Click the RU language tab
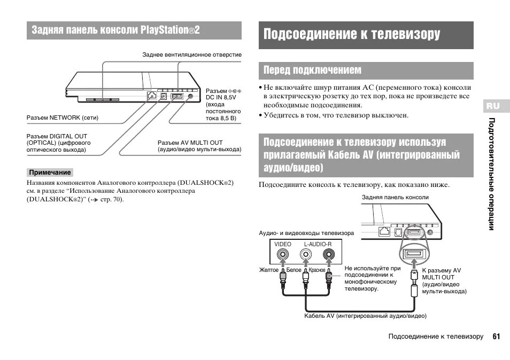(x=492, y=106)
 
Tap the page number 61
(x=497, y=336)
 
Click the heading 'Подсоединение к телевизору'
(x=352, y=35)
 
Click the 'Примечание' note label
(x=50, y=173)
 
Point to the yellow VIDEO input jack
(x=283, y=256)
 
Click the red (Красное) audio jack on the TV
(x=328, y=256)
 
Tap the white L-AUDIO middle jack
(x=305, y=256)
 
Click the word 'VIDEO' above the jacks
(x=283, y=244)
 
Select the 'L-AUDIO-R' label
(x=318, y=244)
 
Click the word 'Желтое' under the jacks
(x=269, y=270)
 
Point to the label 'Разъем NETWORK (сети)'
(x=63, y=117)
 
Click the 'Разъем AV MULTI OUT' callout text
(x=190, y=143)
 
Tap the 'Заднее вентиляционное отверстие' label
(x=192, y=54)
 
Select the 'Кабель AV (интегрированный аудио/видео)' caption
(x=365, y=316)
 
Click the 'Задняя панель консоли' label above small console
(x=395, y=197)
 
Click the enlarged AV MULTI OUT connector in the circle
(x=414, y=255)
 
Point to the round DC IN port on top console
(x=191, y=96)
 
